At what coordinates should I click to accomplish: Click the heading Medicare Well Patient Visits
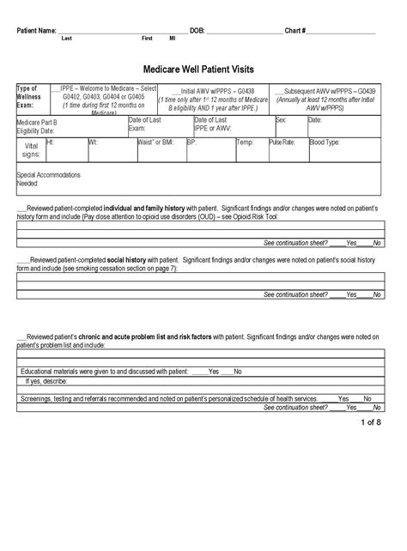(203, 68)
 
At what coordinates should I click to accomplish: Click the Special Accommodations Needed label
(48, 179)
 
